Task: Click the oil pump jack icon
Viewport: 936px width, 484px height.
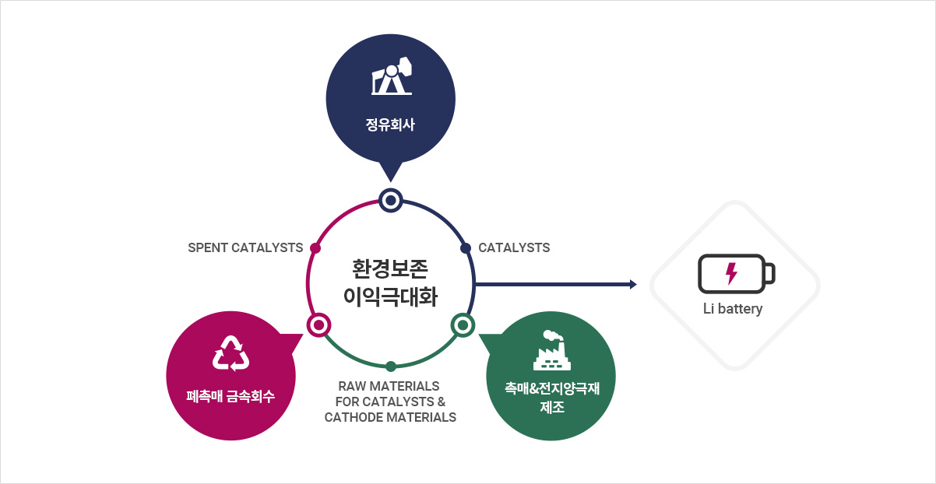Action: [392, 76]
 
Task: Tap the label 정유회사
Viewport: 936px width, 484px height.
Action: [390, 125]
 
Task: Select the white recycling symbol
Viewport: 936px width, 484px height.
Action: [230, 353]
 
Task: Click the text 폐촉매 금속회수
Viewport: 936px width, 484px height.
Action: [230, 396]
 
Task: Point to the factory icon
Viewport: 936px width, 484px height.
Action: [552, 350]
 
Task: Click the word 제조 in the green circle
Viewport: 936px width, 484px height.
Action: [552, 407]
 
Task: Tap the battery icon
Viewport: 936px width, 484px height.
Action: [737, 274]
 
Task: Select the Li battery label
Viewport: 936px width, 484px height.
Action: [733, 309]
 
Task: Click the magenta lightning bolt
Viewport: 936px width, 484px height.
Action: [731, 274]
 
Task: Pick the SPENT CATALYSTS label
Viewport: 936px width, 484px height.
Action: [245, 247]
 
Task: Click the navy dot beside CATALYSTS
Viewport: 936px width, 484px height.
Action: [466, 248]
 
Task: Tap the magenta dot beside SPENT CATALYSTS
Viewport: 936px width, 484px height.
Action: [315, 248]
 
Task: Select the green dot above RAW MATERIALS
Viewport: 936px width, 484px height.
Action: [391, 367]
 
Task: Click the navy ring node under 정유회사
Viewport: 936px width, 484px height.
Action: [391, 201]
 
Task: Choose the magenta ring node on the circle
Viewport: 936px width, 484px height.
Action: [318, 325]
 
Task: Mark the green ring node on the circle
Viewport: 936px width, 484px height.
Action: [463, 325]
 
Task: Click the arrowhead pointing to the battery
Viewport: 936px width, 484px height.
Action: [633, 284]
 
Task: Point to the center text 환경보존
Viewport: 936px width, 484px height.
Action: [390, 268]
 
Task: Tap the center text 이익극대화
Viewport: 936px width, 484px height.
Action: [390, 296]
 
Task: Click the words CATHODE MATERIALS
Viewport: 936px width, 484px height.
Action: [390, 417]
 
